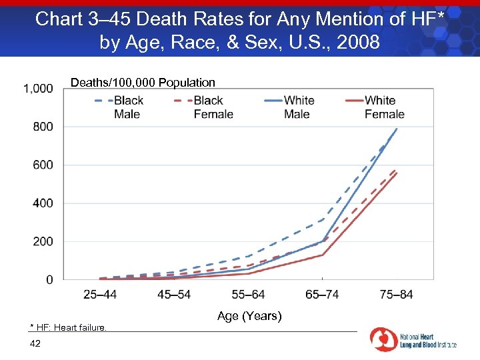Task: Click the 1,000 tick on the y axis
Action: [38, 89]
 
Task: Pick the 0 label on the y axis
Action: [49, 280]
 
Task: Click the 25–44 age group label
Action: [100, 295]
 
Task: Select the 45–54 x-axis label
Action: [174, 295]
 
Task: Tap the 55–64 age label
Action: [248, 295]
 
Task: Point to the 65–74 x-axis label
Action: [322, 295]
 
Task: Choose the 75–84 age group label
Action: [396, 295]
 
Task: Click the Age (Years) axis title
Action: [249, 316]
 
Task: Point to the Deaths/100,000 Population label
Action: [143, 83]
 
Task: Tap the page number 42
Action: [35, 343]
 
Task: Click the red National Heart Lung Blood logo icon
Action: [383, 340]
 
